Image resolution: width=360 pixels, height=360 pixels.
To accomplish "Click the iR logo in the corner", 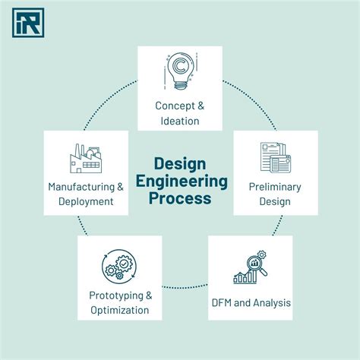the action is click(x=28, y=23).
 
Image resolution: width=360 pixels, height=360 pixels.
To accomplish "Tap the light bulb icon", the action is click(x=181, y=71).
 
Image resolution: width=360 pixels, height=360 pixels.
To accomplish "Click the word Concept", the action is click(x=175, y=106).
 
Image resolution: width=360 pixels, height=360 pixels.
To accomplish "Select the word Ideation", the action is click(x=180, y=121).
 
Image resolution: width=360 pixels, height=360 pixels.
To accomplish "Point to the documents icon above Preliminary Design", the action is click(x=276, y=157).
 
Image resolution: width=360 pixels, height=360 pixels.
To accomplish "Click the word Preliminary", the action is click(x=275, y=187).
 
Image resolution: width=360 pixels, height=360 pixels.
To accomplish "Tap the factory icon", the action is click(x=86, y=159).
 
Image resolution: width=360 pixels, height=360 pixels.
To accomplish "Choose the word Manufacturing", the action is click(x=81, y=187).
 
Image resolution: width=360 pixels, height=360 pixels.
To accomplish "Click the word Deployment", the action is click(x=86, y=202).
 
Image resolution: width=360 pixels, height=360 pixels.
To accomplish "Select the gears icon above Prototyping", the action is click(x=119, y=265).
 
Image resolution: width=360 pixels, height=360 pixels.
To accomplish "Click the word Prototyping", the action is click(x=116, y=295).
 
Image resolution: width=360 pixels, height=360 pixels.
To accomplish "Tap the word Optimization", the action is click(x=120, y=311).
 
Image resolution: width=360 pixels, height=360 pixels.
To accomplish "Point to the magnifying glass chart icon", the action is click(x=250, y=267).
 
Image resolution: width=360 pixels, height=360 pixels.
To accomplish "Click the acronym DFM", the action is click(x=222, y=303).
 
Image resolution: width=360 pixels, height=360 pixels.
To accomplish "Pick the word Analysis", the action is click(x=272, y=303).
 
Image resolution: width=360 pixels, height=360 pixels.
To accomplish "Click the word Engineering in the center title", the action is click(x=182, y=182).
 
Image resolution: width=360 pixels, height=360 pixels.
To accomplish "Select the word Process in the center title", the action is click(x=180, y=198).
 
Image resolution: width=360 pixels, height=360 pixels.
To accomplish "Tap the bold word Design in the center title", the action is click(x=180, y=165).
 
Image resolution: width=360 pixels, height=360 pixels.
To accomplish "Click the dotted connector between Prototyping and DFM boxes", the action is click(x=185, y=287).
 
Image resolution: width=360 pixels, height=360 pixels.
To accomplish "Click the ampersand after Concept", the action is click(x=201, y=106).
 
